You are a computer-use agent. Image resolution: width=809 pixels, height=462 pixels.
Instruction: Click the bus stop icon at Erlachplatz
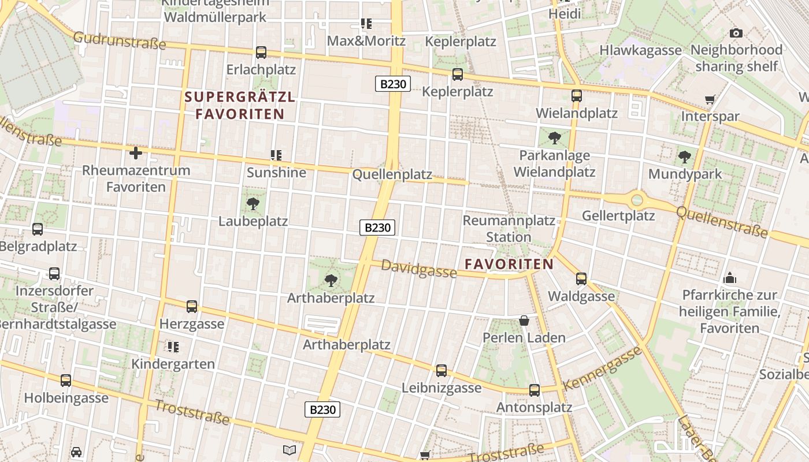pyautogui.click(x=261, y=53)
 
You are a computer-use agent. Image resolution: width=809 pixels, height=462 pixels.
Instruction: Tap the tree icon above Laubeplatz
pyautogui.click(x=253, y=203)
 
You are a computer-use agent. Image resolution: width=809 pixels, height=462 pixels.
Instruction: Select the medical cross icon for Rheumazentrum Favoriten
pyautogui.click(x=136, y=153)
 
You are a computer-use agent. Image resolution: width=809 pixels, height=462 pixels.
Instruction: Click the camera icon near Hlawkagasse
pyautogui.click(x=736, y=33)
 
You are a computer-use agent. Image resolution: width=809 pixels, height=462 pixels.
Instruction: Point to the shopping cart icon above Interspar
pyautogui.click(x=710, y=99)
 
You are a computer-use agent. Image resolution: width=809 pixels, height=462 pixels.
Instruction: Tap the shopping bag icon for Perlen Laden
pyautogui.click(x=524, y=320)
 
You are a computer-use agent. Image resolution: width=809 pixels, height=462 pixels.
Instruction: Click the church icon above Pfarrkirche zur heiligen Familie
pyautogui.click(x=729, y=278)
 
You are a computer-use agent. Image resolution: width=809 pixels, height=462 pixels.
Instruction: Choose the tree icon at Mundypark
pyautogui.click(x=685, y=157)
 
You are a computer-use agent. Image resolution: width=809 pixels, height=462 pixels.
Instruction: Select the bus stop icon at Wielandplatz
pyautogui.click(x=576, y=96)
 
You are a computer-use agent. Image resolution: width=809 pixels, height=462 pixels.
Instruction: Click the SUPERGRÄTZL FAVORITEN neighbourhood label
pyautogui.click(x=240, y=105)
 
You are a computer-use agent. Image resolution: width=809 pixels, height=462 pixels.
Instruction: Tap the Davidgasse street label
pyautogui.click(x=419, y=269)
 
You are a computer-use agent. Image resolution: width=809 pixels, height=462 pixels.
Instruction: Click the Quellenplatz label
pyautogui.click(x=392, y=174)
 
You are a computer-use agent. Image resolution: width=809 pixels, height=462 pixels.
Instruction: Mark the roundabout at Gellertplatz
pyautogui.click(x=637, y=200)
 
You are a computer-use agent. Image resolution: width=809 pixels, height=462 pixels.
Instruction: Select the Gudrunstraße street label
pyautogui.click(x=120, y=40)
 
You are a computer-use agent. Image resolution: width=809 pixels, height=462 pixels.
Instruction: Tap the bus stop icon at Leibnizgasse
pyautogui.click(x=441, y=370)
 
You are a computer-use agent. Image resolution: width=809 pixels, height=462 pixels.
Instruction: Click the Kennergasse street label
pyautogui.click(x=603, y=368)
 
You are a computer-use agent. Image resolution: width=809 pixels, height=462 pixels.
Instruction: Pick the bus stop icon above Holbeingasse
pyautogui.click(x=66, y=381)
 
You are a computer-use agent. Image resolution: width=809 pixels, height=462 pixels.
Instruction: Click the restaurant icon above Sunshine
pyautogui.click(x=276, y=155)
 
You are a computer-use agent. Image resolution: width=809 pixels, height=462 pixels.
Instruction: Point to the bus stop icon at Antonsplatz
pyautogui.click(x=535, y=390)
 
